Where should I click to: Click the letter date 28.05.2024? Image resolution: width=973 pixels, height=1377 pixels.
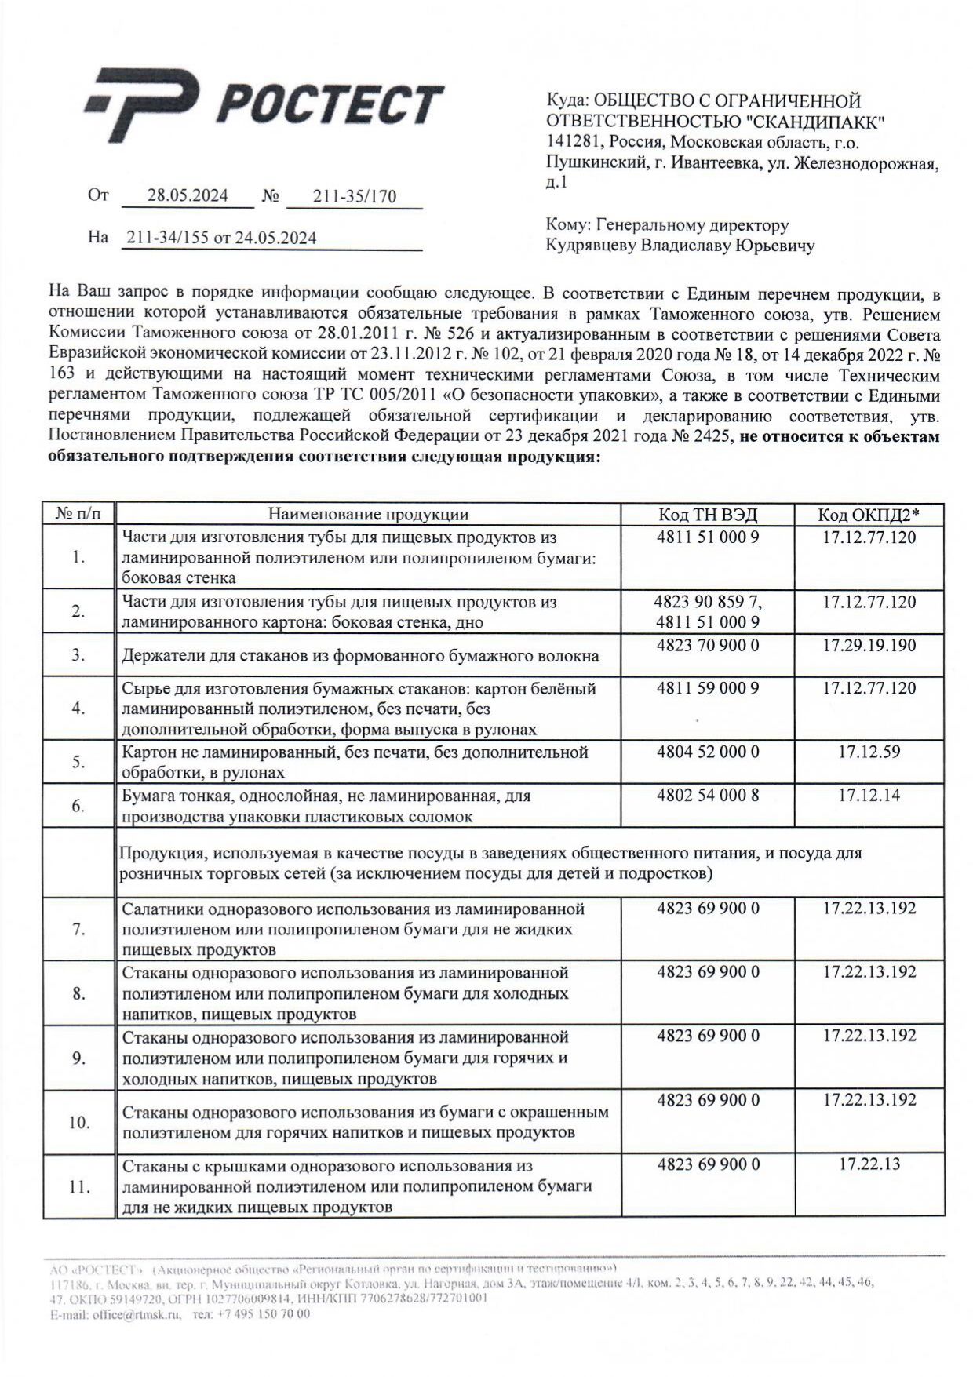click(x=188, y=196)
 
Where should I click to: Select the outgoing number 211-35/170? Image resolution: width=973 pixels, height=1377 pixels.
click(x=355, y=197)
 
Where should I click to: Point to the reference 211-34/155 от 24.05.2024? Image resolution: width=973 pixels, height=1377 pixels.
click(x=221, y=238)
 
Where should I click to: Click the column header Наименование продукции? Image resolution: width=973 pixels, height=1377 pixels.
click(x=368, y=515)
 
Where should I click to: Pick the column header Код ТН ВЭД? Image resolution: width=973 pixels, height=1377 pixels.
click(x=708, y=515)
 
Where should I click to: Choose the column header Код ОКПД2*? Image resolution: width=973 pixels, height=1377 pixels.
click(x=869, y=515)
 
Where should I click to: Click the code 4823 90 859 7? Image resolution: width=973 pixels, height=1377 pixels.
click(x=708, y=603)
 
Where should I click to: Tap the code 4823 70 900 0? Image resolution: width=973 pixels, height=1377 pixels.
click(x=708, y=646)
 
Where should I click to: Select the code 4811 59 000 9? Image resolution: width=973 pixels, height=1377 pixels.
click(x=708, y=688)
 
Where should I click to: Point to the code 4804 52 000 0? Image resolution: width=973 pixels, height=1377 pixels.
click(x=708, y=752)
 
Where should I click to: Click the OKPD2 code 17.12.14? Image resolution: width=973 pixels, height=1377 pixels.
click(x=869, y=795)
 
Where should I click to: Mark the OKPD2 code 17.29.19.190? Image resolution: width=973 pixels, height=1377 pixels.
click(x=869, y=646)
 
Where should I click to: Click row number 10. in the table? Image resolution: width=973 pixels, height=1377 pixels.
click(x=78, y=1122)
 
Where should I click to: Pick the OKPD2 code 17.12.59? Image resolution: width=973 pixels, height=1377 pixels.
click(x=869, y=752)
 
